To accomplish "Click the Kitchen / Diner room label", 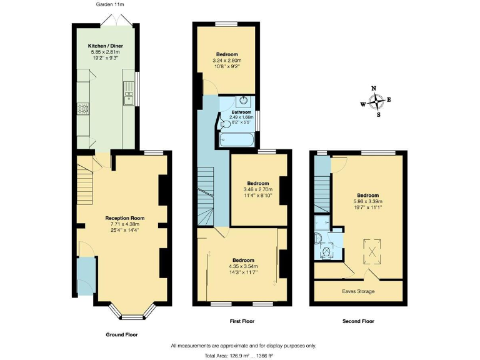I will (104, 46).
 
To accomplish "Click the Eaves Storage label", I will (358, 291).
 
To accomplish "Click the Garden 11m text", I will (109, 4).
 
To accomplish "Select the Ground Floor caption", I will (121, 334).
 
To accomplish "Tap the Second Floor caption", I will (358, 321).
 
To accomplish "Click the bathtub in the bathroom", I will (238, 141).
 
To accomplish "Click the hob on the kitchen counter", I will (81, 109).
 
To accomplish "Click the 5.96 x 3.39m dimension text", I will (367, 201).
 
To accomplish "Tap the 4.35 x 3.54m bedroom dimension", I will (243, 266).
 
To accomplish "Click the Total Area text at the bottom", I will (242, 355).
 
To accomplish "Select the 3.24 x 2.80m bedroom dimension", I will (227, 60).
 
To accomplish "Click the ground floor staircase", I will (86, 178).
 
